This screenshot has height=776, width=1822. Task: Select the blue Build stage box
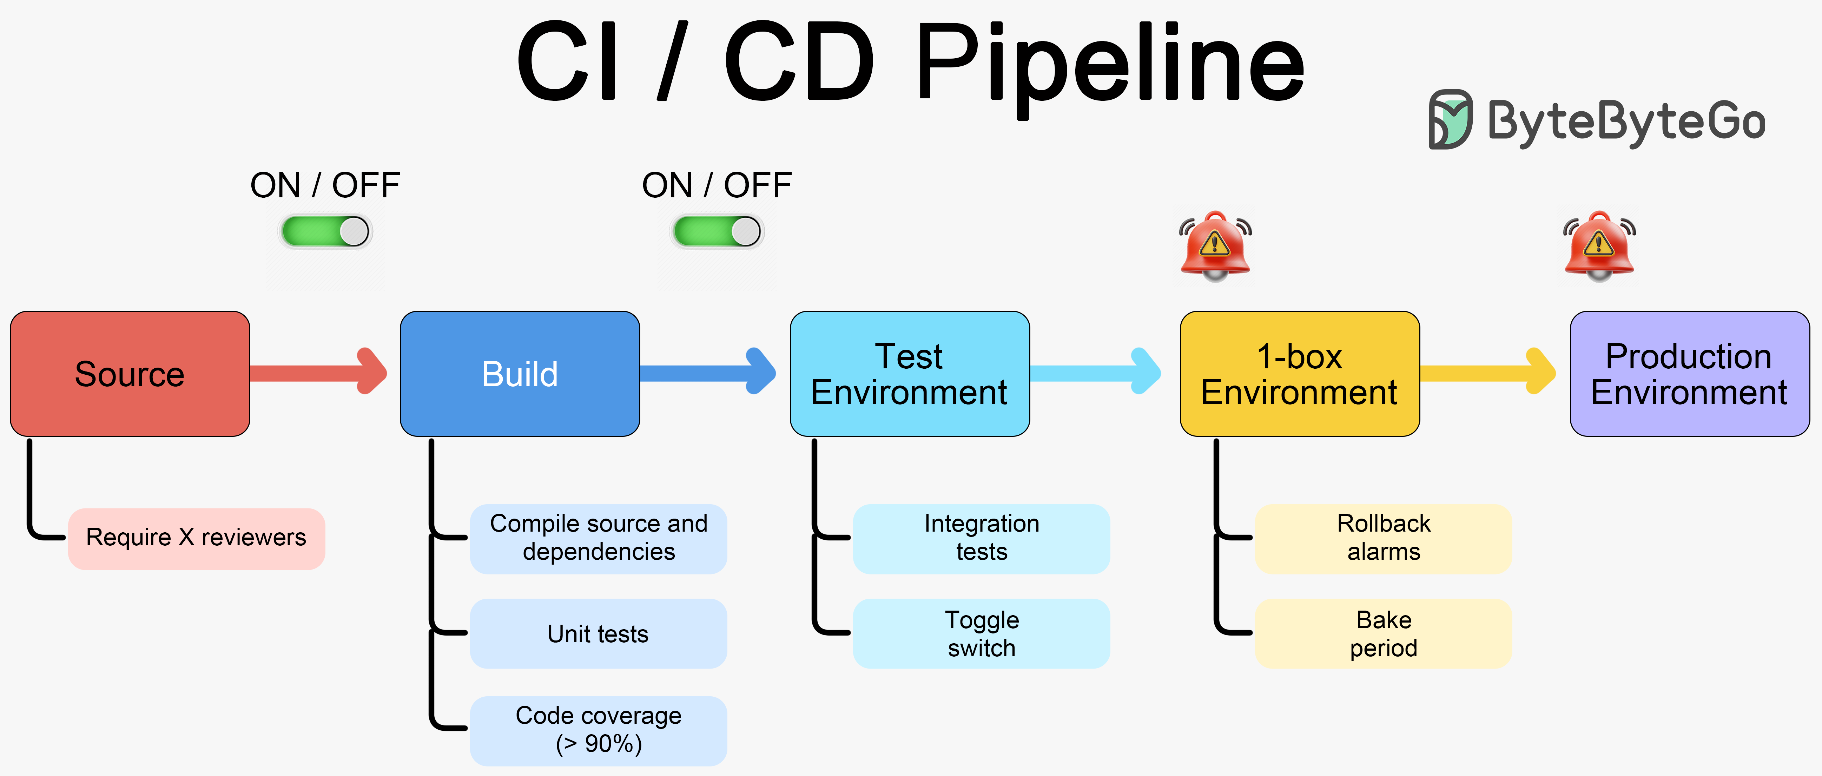tap(520, 374)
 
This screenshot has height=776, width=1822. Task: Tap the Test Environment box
tap(910, 374)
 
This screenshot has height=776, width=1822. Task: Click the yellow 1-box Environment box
tap(1299, 374)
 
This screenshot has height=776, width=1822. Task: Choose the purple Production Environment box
tap(1689, 374)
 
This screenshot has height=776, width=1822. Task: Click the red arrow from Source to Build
tap(318, 372)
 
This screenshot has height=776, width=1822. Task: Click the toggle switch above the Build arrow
tap(717, 231)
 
